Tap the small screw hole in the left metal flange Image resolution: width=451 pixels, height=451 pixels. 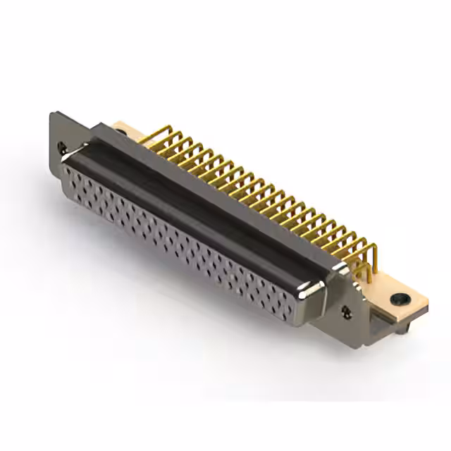[x=62, y=148]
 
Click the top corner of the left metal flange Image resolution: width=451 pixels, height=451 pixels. [x=54, y=113]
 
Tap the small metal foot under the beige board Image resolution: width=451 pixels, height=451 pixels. [x=402, y=326]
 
